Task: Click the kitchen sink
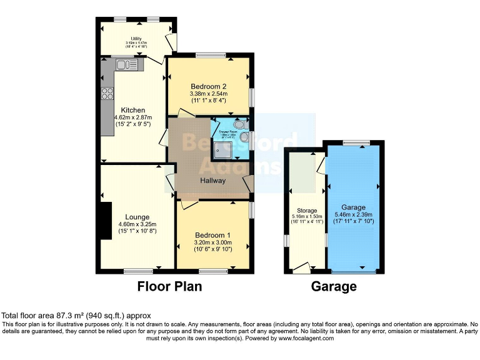pos(126,63)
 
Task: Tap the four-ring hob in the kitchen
pos(107,94)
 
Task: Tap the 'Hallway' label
pos(212,180)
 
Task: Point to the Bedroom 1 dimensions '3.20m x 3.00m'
pos(213,242)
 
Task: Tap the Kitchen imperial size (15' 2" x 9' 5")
pos(132,124)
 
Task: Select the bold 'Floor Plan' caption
pos(169,287)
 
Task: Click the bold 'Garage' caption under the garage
pos(334,287)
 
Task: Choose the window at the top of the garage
pos(353,143)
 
